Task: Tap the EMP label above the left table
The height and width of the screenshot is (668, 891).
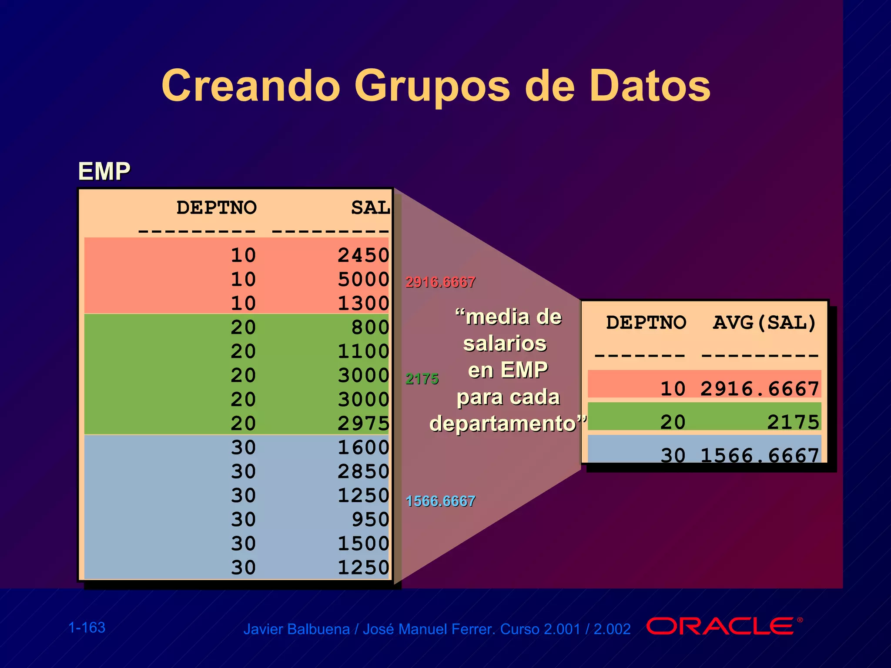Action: tap(104, 171)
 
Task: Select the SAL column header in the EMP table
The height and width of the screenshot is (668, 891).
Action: tap(371, 207)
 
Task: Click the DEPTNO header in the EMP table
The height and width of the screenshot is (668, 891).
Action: tap(216, 207)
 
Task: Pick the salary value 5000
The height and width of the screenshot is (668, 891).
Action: tap(363, 279)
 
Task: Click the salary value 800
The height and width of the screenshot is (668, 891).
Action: tap(370, 327)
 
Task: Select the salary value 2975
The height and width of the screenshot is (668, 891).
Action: tap(363, 423)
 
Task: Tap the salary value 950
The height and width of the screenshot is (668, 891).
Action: tap(370, 519)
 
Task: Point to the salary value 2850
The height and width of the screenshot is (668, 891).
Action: tap(363, 471)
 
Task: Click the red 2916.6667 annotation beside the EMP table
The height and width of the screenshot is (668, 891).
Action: tap(440, 282)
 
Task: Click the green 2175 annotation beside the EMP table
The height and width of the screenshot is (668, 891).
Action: tap(422, 379)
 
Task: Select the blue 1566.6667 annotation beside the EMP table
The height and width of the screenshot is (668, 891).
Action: tap(440, 501)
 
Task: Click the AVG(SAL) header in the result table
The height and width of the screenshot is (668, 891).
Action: tap(764, 323)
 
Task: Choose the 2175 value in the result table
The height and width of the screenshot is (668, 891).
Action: tap(793, 422)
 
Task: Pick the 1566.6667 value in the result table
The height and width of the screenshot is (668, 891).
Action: tap(760, 455)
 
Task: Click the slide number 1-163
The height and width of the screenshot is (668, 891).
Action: tap(87, 628)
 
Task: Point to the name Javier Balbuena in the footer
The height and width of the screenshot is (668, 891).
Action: tap(296, 629)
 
